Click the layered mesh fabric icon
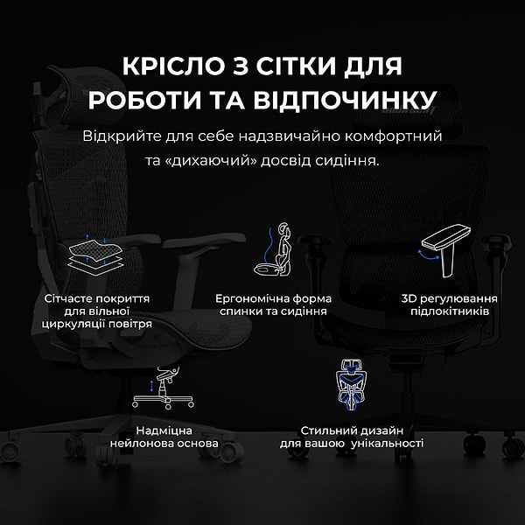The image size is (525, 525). coord(96,255)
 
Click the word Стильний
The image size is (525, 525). coord(325,430)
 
